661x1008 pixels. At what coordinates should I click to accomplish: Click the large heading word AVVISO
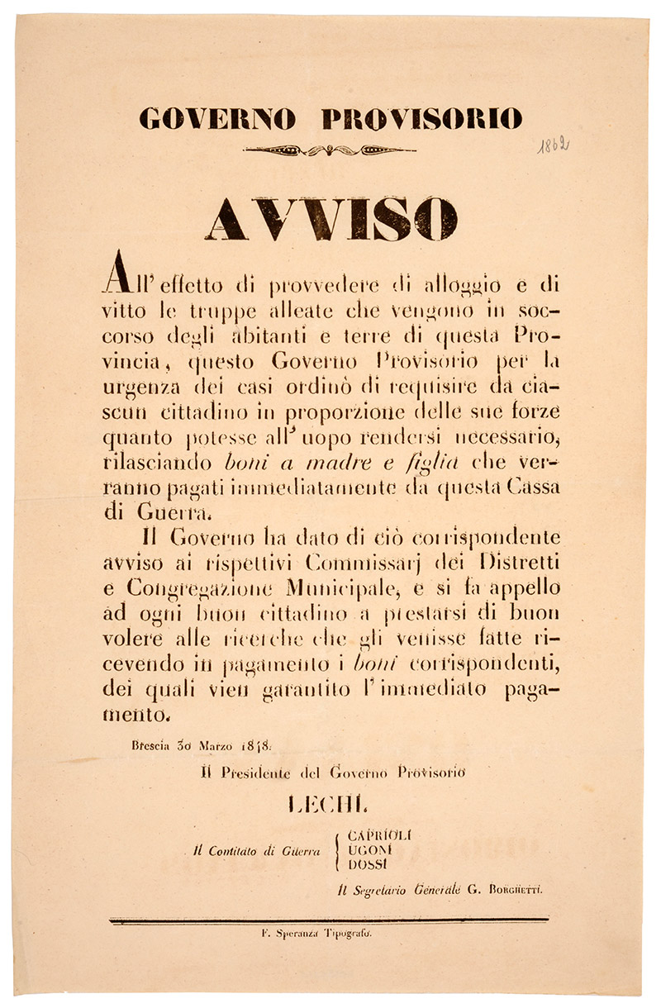pyautogui.click(x=330, y=220)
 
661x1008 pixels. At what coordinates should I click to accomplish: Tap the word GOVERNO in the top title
pyautogui.click(x=217, y=119)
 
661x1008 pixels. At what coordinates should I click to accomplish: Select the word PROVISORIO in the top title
pyautogui.click(x=421, y=119)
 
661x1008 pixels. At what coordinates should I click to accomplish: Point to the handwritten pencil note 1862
pyautogui.click(x=553, y=146)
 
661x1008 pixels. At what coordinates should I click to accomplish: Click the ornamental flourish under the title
pyautogui.click(x=330, y=150)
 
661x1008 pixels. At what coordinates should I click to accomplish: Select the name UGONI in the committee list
pyautogui.click(x=364, y=849)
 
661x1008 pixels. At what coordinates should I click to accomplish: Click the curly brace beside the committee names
pyautogui.click(x=338, y=849)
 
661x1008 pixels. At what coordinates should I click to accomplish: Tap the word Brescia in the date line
pyautogui.click(x=148, y=744)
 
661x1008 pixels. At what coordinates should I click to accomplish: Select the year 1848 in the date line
pyautogui.click(x=241, y=744)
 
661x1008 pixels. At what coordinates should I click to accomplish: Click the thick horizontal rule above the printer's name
pyautogui.click(x=330, y=920)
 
